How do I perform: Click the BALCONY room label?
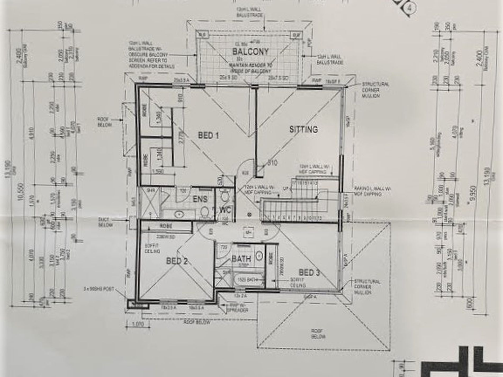[250, 52]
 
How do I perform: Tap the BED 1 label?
[209, 136]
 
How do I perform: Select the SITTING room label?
[303, 129]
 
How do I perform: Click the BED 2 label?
[177, 261]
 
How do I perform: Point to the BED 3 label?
[309, 272]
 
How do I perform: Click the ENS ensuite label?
[200, 199]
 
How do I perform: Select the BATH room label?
[241, 258]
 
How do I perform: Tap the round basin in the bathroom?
[259, 256]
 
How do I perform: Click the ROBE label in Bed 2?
[166, 226]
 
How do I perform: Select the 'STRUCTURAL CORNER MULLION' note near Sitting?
[375, 90]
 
